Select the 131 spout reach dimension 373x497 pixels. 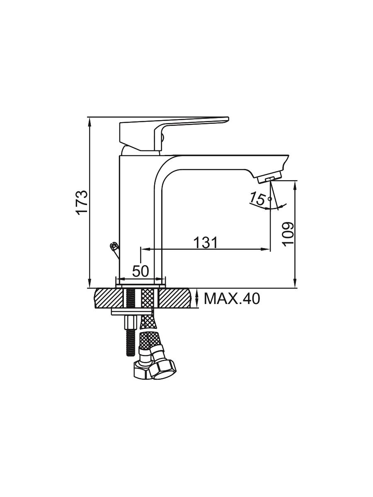[206, 243]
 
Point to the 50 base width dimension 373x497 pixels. [140, 271]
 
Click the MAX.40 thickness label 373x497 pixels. [232, 299]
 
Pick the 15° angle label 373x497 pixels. [260, 199]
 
